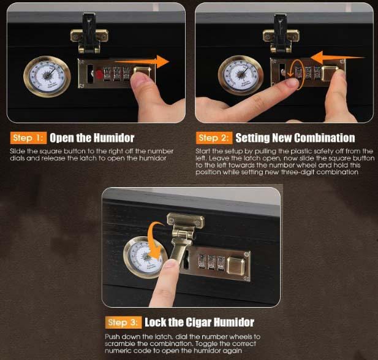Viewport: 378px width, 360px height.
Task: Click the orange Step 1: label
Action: (28, 138)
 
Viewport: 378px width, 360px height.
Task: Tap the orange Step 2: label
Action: (214, 138)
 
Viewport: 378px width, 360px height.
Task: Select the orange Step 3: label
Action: (123, 323)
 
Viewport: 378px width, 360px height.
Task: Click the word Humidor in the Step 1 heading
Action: (114, 138)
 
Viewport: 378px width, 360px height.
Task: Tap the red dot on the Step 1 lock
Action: (99, 74)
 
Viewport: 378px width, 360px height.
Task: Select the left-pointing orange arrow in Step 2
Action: (337, 58)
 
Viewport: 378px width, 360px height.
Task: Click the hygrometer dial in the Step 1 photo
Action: (47, 77)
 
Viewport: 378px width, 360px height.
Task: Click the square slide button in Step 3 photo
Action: (236, 266)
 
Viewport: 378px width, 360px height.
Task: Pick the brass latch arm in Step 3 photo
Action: (179, 246)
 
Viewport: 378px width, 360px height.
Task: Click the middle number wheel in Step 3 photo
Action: (211, 262)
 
